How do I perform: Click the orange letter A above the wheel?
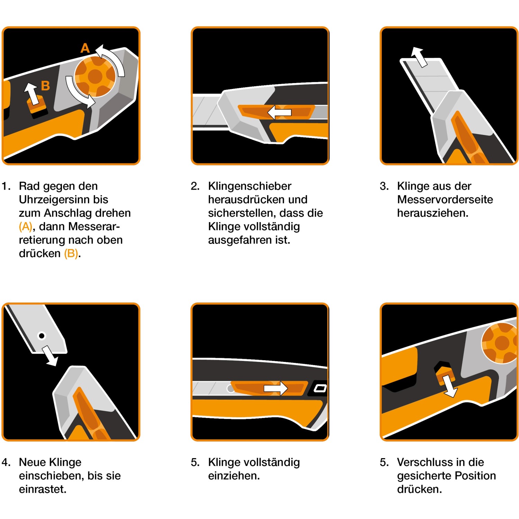coord(85,48)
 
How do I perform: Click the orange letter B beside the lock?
coord(45,85)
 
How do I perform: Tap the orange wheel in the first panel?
coord(95,76)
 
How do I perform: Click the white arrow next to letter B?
coord(32,93)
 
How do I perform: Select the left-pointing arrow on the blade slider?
coord(280,112)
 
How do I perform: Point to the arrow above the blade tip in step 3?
coord(419,56)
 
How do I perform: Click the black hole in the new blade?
coord(42,336)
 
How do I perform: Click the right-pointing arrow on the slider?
coord(276,388)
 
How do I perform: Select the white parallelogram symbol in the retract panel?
coord(320,388)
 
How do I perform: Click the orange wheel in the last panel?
coord(500,343)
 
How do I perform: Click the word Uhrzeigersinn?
coord(63,200)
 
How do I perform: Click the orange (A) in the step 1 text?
coord(25,227)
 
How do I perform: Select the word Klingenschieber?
coord(249,186)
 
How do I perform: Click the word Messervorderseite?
coord(445,200)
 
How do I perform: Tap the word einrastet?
coord(43,489)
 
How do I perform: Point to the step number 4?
coord(6,462)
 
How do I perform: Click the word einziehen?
coord(234,476)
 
